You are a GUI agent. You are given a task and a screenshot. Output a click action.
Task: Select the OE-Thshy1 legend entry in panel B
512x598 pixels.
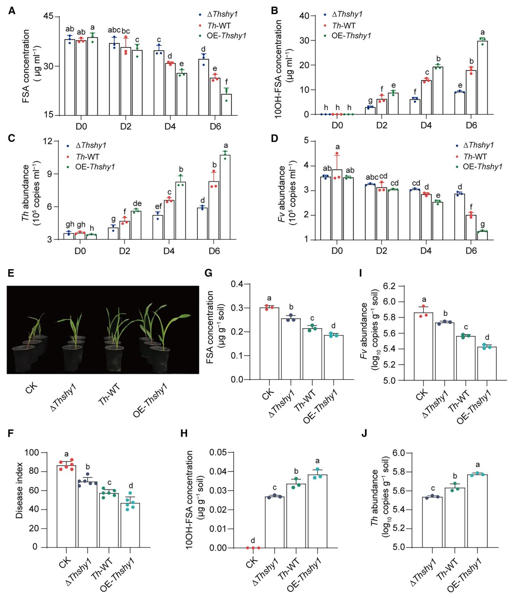(x=351, y=36)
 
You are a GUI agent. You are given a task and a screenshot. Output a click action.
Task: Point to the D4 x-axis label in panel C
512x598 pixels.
(x=169, y=251)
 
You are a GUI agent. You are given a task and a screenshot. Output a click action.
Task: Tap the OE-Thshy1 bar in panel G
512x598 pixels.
(x=334, y=357)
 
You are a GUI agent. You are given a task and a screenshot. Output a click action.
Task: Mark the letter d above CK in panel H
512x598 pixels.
(x=253, y=540)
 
